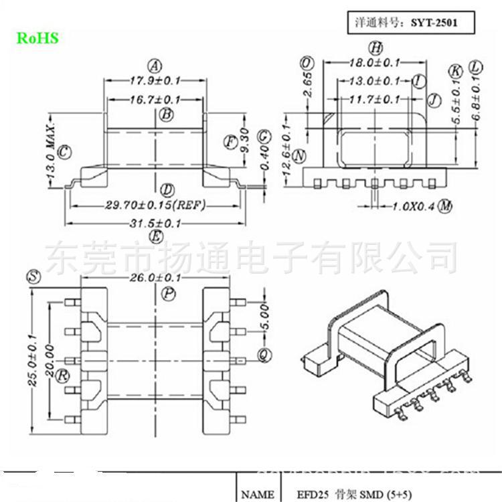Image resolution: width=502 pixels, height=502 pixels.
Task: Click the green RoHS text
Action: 37,38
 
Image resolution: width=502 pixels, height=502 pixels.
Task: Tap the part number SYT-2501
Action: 445,21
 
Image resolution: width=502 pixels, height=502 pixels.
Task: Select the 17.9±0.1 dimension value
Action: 155,81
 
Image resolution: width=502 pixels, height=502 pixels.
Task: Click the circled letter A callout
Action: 155,66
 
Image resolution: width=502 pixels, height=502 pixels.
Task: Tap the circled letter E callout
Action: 156,237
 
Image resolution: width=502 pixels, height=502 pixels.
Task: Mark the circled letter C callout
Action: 65,153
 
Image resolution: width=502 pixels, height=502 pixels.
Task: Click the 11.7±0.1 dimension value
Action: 375,99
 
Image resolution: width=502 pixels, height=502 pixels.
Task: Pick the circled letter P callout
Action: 167,293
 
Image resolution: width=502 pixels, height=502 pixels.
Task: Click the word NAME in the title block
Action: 258,495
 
